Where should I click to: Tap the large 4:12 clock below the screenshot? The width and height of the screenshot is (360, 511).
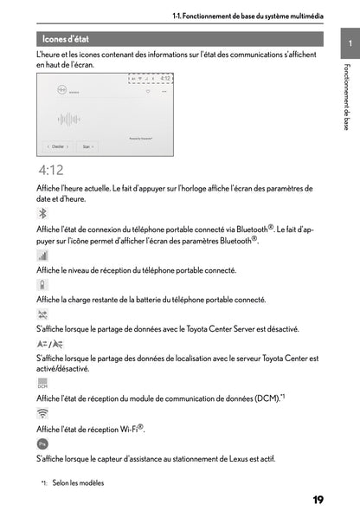tap(50, 171)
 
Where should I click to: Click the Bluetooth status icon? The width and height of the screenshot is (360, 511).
tap(44, 213)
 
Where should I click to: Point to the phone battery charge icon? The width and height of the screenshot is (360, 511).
tap(42, 284)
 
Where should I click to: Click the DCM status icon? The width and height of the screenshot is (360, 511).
tap(43, 383)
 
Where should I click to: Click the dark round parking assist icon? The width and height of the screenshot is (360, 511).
tap(43, 443)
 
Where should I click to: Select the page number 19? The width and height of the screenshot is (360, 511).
tap(318, 499)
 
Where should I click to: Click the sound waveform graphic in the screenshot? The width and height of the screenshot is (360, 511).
tap(70, 119)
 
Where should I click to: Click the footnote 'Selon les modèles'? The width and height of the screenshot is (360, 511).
tap(78, 482)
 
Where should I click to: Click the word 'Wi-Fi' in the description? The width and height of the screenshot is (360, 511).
tap(125, 428)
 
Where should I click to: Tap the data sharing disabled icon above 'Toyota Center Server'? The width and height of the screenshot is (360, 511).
tap(43, 314)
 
